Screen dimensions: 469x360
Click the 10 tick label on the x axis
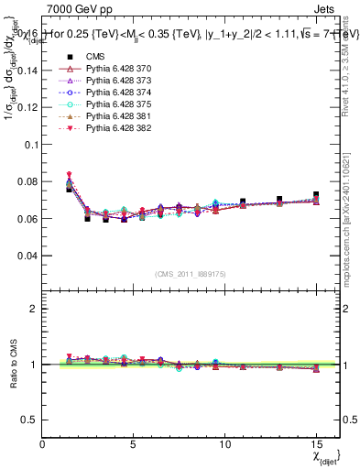tap(224, 445)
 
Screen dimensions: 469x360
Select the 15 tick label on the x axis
tap(315, 445)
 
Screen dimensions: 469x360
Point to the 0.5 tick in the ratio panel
tap(29, 420)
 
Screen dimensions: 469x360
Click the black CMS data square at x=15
tap(316, 195)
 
